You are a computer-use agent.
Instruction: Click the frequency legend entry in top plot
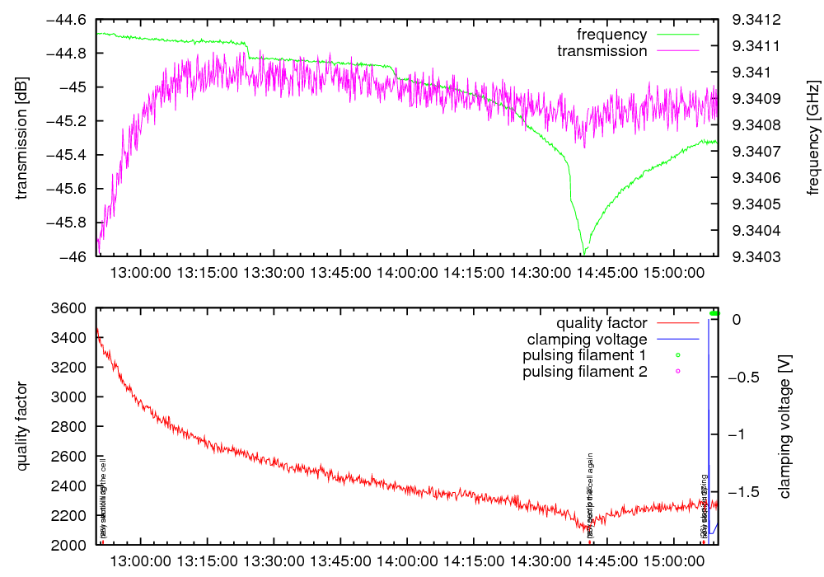coord(611,35)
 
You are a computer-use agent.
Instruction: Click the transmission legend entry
coord(602,51)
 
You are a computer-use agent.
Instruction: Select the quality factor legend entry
coord(602,323)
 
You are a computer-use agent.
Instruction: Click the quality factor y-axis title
coord(22,426)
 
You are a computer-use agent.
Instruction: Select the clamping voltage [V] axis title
coord(784,426)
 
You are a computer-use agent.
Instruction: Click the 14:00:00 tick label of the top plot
coord(408,271)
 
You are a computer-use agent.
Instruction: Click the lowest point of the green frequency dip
coord(584,254)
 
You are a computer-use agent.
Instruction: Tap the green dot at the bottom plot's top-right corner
coord(714,314)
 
